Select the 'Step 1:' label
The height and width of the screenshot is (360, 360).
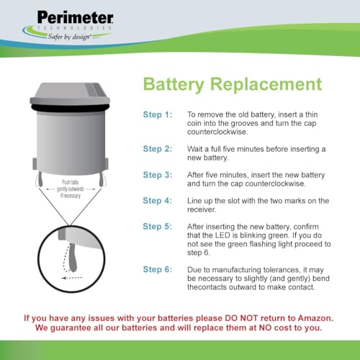click(x=158, y=114)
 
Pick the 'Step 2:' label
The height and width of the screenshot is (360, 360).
click(x=158, y=148)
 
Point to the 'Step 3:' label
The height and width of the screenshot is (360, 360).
click(x=158, y=175)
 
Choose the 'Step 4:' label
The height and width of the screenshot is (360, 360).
click(x=158, y=200)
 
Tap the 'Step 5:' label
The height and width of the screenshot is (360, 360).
click(x=158, y=227)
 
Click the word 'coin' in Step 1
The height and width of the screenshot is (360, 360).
click(x=197, y=123)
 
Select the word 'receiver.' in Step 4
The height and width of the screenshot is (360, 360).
click(x=202, y=210)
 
